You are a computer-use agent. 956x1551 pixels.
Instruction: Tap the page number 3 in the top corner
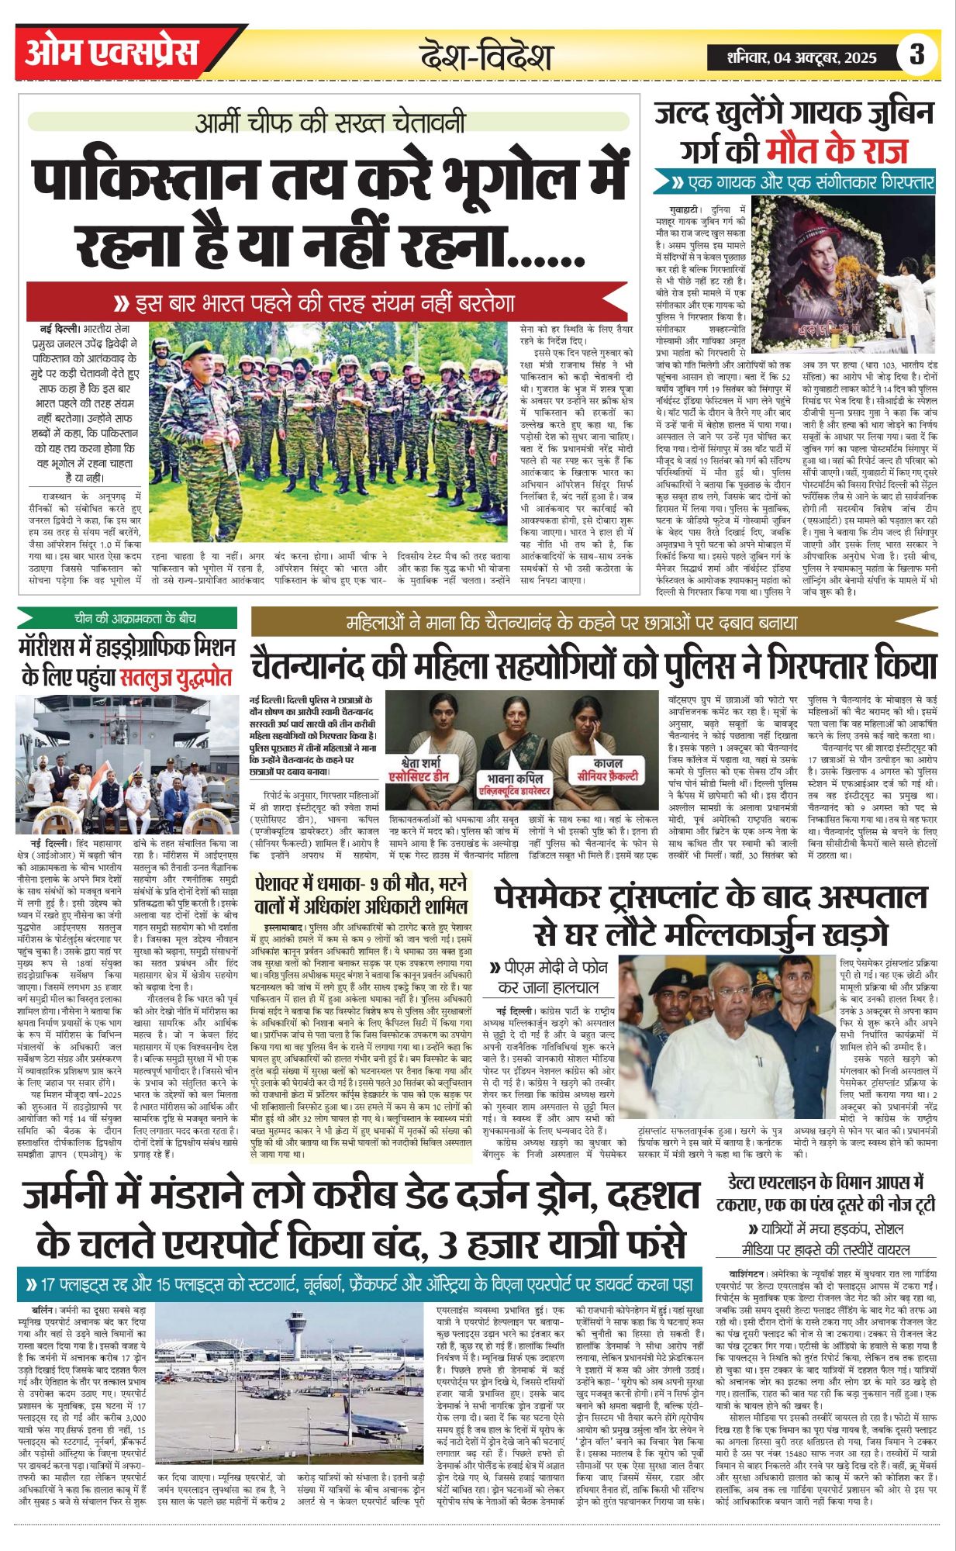click(x=917, y=55)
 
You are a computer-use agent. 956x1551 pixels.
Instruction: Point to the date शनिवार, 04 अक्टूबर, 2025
click(x=802, y=57)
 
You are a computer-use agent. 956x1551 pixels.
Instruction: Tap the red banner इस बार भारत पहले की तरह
click(x=326, y=301)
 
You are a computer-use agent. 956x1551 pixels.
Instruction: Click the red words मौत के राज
click(x=837, y=150)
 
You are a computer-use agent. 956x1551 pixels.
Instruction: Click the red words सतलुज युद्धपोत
click(x=176, y=677)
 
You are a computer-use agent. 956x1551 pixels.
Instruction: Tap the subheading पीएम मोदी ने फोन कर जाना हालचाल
click(x=544, y=977)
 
